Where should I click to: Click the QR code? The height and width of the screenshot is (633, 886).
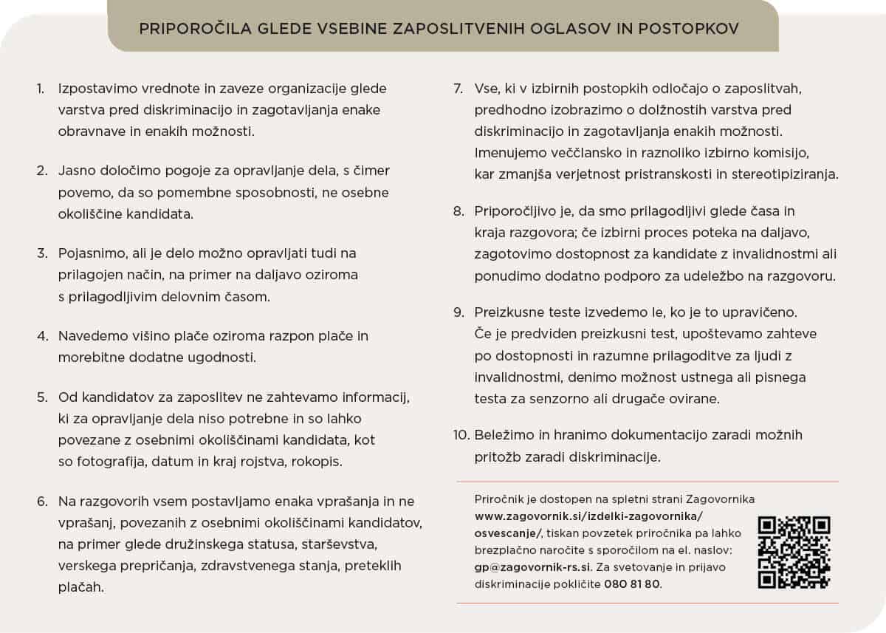point(794,552)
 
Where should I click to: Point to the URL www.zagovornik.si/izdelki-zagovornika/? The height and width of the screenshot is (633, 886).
point(588,516)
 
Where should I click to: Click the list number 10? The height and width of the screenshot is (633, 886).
point(461,434)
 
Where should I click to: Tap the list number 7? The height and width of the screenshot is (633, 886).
point(459,89)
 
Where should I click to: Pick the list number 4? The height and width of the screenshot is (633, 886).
point(42,336)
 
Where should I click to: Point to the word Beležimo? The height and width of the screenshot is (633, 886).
point(503,434)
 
